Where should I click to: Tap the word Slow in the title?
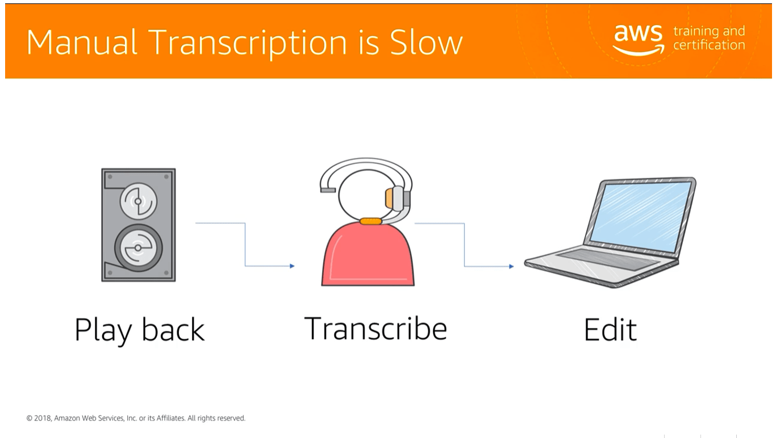[426, 43]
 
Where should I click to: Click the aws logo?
[638, 39]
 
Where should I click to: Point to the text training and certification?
[708, 38]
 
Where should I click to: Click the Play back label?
[139, 330]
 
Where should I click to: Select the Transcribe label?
[376, 328]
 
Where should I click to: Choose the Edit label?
[610, 330]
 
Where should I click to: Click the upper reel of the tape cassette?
[137, 201]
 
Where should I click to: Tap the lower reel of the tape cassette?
[138, 248]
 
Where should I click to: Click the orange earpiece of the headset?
[390, 198]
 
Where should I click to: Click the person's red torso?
[368, 255]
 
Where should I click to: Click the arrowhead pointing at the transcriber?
[292, 266]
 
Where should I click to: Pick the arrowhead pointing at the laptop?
[511, 266]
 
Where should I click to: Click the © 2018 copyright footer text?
[136, 418]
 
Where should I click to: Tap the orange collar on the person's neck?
[370, 221]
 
